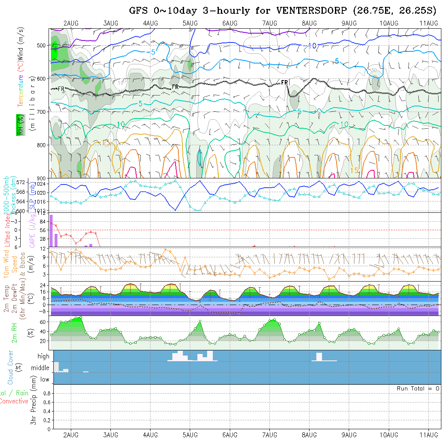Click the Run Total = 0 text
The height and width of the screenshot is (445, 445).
coord(418,388)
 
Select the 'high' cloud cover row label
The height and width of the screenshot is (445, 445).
coord(43,356)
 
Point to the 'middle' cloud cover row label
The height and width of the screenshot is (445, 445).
coord(40,368)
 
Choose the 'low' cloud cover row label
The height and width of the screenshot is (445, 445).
coord(44,379)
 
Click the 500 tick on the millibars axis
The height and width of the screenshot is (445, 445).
coord(42,45)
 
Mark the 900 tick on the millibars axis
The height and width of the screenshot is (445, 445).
coord(42,178)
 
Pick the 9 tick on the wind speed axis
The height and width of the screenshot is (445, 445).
coord(47,256)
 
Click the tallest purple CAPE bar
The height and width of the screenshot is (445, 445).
coord(51,231)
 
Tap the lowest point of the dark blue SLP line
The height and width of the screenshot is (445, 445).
coord(175,210)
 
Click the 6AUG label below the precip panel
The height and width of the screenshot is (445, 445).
coord(230,435)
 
